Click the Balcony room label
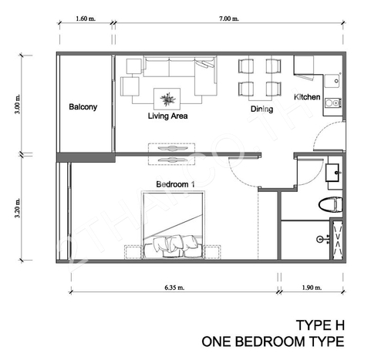click(x=83, y=107)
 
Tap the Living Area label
click(x=167, y=116)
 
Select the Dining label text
click(x=261, y=109)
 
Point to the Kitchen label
click(x=307, y=97)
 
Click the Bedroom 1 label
click(x=175, y=184)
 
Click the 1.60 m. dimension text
click(x=86, y=19)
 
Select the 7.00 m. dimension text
click(x=228, y=19)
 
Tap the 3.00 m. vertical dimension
click(x=17, y=104)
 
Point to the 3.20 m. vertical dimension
click(x=17, y=208)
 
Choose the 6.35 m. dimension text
click(x=174, y=288)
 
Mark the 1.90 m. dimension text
click(x=312, y=288)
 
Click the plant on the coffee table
click(x=167, y=99)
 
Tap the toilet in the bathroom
click(x=331, y=205)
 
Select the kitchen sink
click(x=332, y=81)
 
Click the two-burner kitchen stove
click(x=333, y=103)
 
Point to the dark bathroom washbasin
click(x=333, y=173)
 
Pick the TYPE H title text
click(x=320, y=325)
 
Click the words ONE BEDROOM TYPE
click(x=273, y=341)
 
